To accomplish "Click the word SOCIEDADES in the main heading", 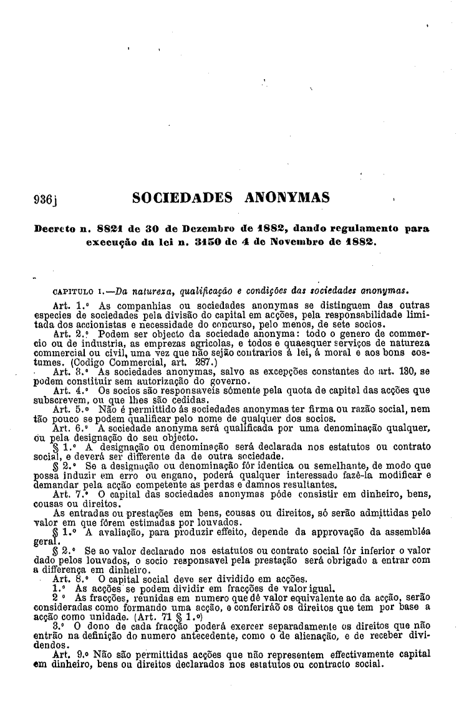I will point(183,199).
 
